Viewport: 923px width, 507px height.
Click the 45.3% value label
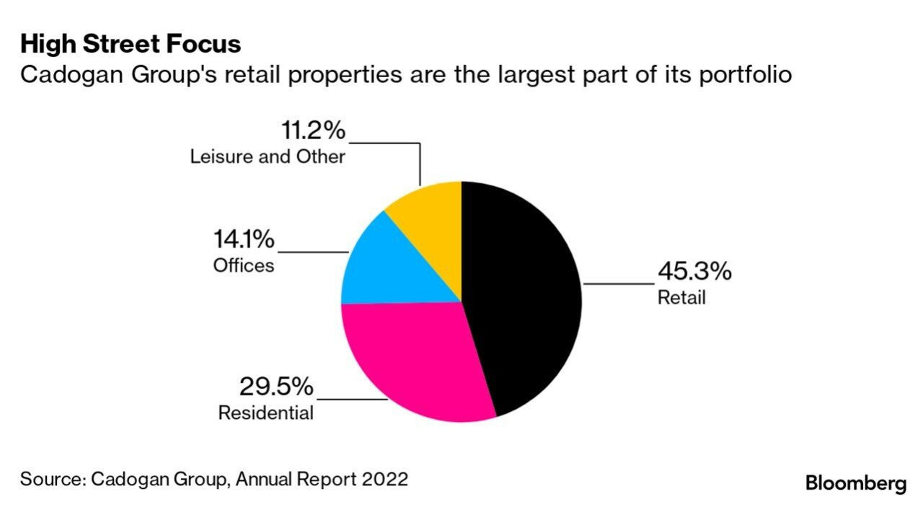[x=694, y=272]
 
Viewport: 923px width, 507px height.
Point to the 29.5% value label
[x=276, y=387]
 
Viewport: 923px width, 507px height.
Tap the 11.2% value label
[x=312, y=132]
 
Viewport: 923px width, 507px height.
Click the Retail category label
[x=681, y=297]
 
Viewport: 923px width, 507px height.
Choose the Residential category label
[x=266, y=413]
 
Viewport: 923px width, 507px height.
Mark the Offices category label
[x=244, y=265]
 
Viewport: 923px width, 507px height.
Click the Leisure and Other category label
[x=268, y=156]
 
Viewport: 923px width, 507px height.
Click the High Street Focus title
[x=131, y=44]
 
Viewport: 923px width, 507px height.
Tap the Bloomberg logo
[x=855, y=482]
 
